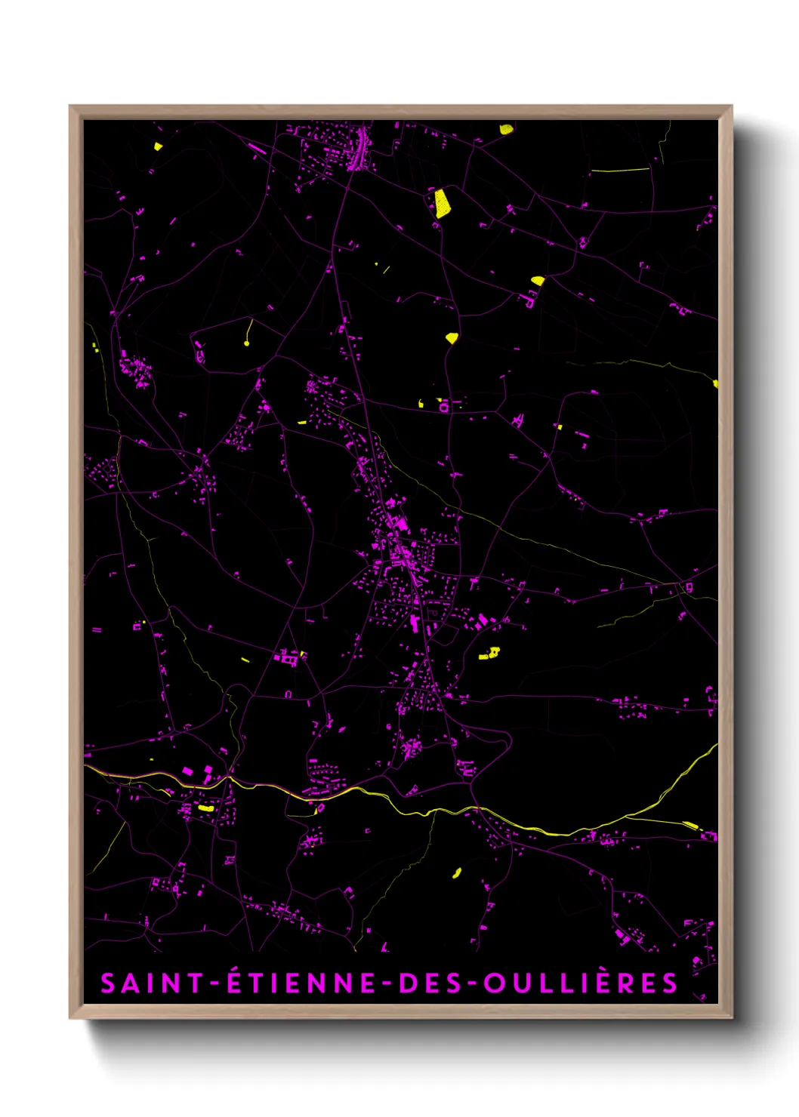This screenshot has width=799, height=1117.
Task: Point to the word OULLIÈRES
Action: coord(580,983)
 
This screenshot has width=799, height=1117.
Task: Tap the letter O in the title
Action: coord(494,983)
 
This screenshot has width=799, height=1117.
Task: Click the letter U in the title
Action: coord(518,983)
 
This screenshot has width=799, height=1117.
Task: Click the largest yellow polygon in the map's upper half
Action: coord(441,204)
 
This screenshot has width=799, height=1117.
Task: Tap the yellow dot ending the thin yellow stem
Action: coord(246,344)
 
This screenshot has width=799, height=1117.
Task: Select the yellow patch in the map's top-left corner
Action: coord(158,147)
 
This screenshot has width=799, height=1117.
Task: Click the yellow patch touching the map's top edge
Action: coord(506,129)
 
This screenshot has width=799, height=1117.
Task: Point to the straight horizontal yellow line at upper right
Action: coord(619,171)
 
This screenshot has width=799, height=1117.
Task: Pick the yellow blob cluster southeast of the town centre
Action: coord(491,653)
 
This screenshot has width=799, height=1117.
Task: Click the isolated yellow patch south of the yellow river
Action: coord(456,873)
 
